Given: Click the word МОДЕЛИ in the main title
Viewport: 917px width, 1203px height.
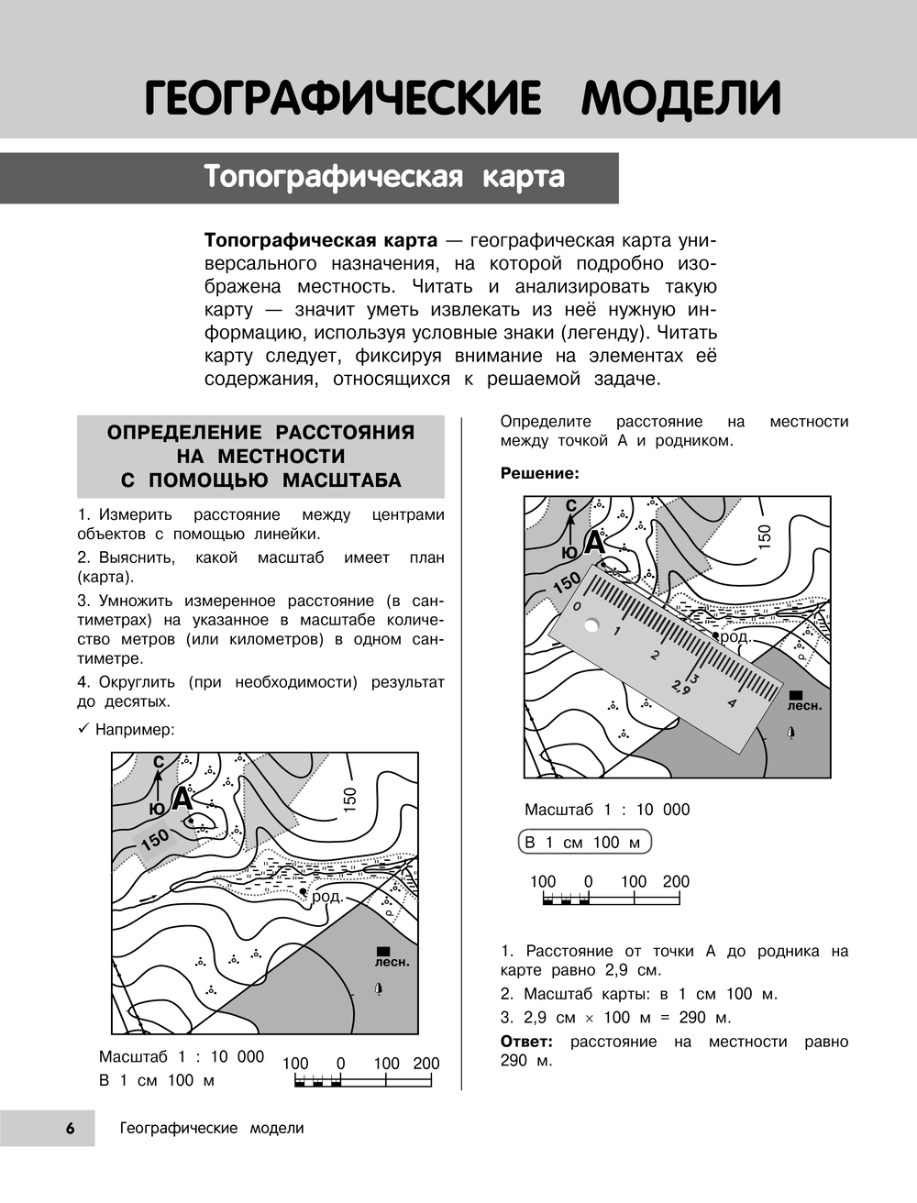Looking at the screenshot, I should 680,99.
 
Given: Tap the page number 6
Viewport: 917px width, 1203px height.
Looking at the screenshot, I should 70,1129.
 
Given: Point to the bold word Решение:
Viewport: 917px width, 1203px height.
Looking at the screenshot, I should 540,473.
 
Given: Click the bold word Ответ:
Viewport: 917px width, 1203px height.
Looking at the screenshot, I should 526,1042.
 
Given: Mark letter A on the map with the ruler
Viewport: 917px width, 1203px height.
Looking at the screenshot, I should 594,543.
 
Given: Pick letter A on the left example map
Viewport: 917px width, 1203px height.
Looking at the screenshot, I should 182,799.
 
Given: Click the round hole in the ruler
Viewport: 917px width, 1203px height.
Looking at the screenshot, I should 591,626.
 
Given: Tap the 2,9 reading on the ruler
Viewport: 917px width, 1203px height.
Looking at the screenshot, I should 680,688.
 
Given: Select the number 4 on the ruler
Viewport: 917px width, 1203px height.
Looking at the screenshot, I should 731,703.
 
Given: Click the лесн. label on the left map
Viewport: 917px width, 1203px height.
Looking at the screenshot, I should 392,963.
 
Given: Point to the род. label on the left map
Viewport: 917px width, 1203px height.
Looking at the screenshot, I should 327,897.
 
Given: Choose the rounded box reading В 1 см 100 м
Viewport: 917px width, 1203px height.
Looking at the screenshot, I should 583,843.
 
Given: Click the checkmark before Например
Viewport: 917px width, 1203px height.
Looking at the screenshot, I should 83,730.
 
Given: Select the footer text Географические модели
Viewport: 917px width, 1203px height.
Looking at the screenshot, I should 212,1129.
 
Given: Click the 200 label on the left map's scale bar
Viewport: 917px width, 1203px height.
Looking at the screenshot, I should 425,1064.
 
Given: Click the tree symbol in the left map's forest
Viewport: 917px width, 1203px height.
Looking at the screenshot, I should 378,988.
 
